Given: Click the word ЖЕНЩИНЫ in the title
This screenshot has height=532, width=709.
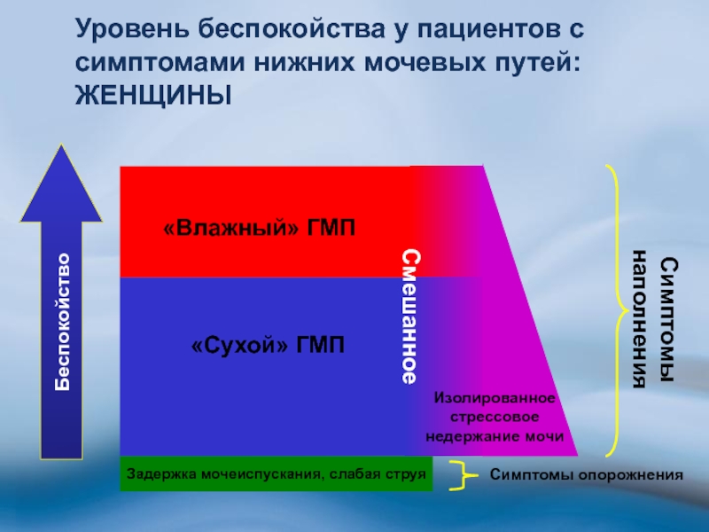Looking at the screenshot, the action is coord(153,95).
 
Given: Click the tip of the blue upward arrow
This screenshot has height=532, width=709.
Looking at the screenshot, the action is coord(61,145).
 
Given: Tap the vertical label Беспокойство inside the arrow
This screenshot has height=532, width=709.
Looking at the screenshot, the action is coord(62,322).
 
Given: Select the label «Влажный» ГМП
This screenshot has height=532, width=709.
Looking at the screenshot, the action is coord(259,228).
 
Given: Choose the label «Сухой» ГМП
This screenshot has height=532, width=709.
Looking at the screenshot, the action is coord(268,346).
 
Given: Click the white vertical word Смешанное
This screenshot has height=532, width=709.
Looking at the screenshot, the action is coord(411,317).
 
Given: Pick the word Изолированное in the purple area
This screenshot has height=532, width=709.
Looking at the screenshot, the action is coord(495,398).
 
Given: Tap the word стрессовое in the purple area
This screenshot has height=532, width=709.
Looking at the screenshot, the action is coord(495,417).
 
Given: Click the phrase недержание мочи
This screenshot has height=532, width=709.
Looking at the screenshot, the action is coord(495,436).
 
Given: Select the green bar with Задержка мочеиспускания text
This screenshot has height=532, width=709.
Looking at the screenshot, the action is coord(277,473).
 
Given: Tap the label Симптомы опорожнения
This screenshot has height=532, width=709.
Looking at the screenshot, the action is coord(586,475).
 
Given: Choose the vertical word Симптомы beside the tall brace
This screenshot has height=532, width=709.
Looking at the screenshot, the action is coord(668,320).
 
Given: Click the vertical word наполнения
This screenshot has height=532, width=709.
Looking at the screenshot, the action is coord(640,319).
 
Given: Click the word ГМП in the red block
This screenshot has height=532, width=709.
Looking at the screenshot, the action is coord(331,228).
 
